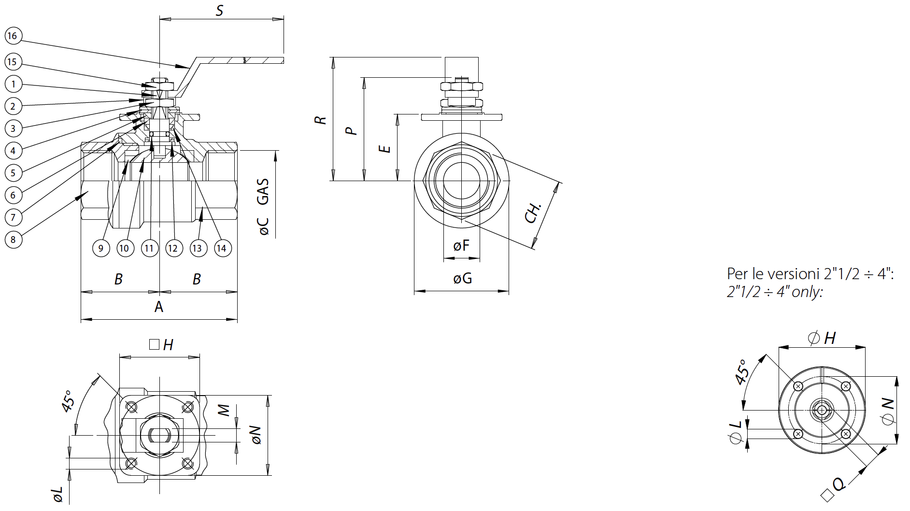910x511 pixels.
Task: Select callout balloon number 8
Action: (13, 240)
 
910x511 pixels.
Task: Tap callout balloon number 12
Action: (173, 248)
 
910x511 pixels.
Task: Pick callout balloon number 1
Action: (13, 85)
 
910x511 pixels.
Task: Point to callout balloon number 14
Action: (222, 248)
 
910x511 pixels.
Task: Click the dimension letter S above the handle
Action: (219, 11)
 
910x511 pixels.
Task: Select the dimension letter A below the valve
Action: (159, 306)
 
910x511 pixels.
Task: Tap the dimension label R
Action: (320, 120)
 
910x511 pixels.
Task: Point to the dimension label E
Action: (384, 148)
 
